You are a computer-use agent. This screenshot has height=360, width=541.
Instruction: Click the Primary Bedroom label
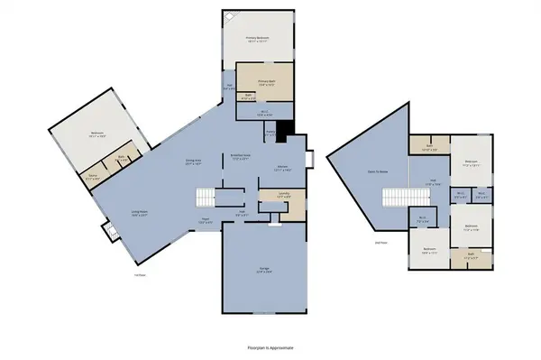259,38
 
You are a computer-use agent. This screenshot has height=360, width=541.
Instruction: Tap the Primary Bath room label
264,80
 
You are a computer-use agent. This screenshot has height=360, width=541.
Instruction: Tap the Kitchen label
282,167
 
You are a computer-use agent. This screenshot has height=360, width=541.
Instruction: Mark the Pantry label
270,132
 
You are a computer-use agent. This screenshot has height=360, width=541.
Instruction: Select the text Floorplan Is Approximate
270,346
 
